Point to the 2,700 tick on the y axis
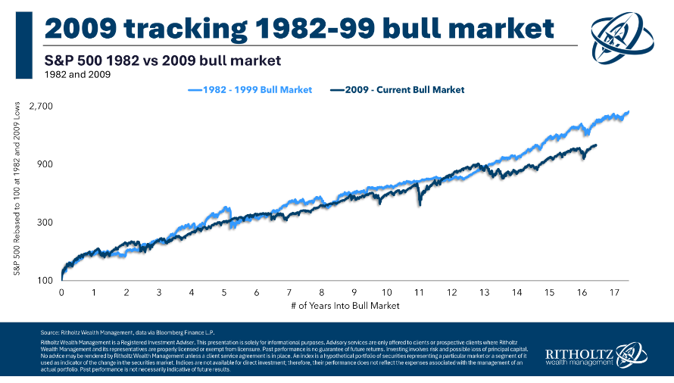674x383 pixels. [39, 106]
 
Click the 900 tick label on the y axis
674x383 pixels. [44, 164]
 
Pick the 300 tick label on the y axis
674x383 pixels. [44, 223]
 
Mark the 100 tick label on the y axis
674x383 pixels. [44, 281]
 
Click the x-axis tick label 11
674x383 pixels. [419, 292]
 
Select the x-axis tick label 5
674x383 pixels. [224, 292]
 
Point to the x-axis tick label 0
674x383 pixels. [61, 292]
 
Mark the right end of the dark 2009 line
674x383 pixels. [596, 145]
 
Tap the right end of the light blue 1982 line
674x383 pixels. [629, 112]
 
